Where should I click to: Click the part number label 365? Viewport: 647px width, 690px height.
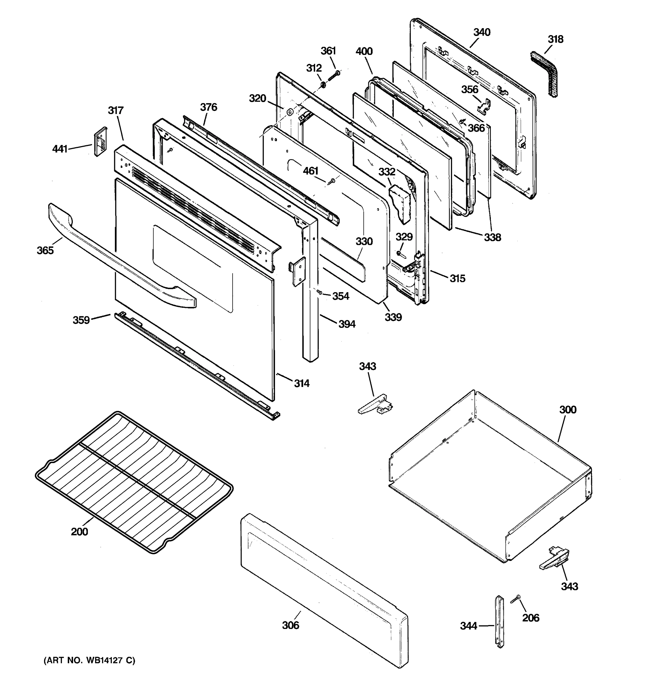click(45, 250)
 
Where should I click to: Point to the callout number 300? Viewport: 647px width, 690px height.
click(568, 410)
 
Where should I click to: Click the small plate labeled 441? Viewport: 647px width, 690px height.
click(100, 142)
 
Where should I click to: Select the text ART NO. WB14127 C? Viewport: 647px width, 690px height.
click(89, 660)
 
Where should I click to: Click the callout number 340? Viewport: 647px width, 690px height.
click(482, 32)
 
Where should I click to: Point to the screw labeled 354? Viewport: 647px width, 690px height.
click(319, 293)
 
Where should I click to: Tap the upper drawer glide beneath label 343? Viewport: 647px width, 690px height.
click(375, 405)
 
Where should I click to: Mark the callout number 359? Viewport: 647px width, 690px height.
click(81, 320)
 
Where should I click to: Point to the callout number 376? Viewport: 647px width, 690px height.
click(208, 107)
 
